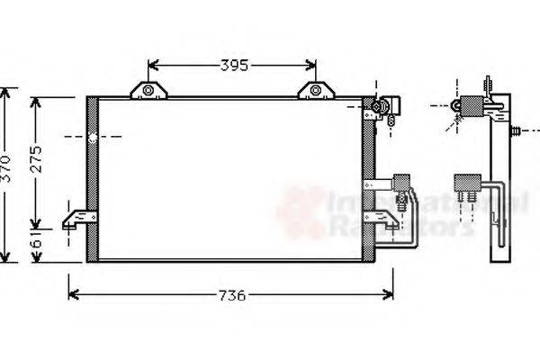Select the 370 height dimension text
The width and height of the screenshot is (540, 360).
click(8, 168)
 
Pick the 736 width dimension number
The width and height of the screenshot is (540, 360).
click(232, 295)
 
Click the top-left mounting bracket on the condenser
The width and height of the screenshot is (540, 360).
click(149, 89)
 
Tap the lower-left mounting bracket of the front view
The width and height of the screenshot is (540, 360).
click(79, 219)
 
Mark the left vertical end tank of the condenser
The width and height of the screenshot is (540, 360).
click(92, 178)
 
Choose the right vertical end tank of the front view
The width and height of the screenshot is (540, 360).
click(368, 178)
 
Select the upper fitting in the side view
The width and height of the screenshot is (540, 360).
click(472, 106)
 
